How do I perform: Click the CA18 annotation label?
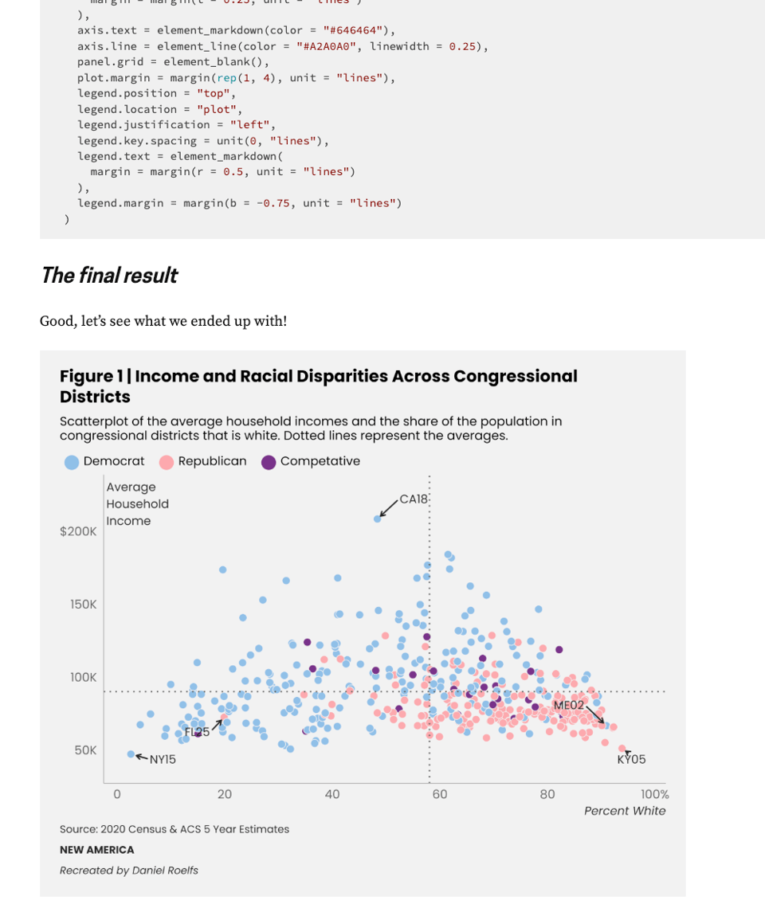414,499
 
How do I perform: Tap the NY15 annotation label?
163,760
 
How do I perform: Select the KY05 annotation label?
631,760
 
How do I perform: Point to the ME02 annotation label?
568,705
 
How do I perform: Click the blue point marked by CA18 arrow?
378,519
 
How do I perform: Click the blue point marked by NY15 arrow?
131,753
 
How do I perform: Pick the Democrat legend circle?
72,462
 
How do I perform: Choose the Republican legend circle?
167,462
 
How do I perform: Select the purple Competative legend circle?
269,462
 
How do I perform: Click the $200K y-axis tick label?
78,531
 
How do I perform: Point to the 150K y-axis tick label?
83,605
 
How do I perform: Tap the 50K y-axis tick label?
85,750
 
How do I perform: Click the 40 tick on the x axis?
332,794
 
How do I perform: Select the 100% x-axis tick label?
654,794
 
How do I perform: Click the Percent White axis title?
624,811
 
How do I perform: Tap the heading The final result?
108,276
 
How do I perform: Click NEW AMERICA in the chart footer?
96,850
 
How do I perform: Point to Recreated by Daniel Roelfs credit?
128,871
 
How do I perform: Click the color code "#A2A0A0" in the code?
326,46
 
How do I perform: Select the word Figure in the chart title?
86,376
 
